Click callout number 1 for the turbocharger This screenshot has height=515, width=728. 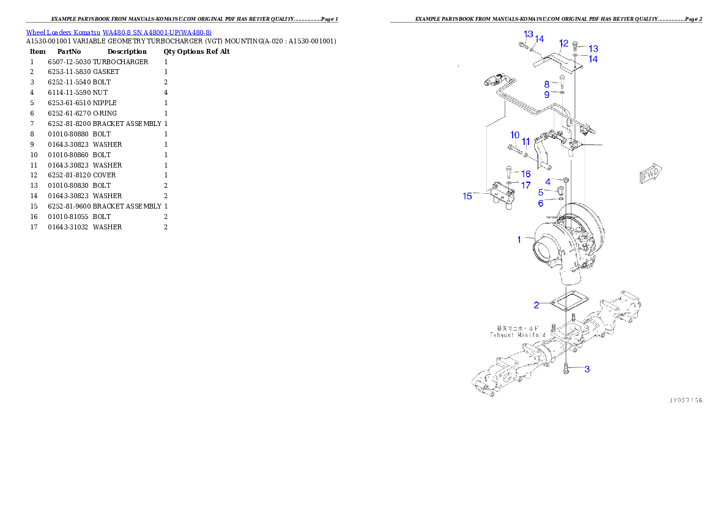coord(519,240)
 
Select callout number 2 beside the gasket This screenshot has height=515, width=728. coord(536,305)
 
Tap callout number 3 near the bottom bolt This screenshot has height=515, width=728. coord(587,369)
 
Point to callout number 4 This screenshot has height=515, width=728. coord(548,182)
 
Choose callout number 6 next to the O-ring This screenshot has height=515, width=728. coord(540,203)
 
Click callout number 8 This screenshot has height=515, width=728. coord(547,84)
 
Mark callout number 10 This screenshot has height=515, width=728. coord(514,135)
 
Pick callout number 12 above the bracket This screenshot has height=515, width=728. coord(563,43)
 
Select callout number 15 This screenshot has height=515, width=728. coord(467,196)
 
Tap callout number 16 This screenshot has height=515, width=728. coord(526,174)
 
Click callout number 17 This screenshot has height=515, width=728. coord(526,185)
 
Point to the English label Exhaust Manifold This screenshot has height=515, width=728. coord(517,335)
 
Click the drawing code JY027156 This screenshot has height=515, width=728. coord(685,400)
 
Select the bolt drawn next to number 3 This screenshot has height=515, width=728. coord(567,368)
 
